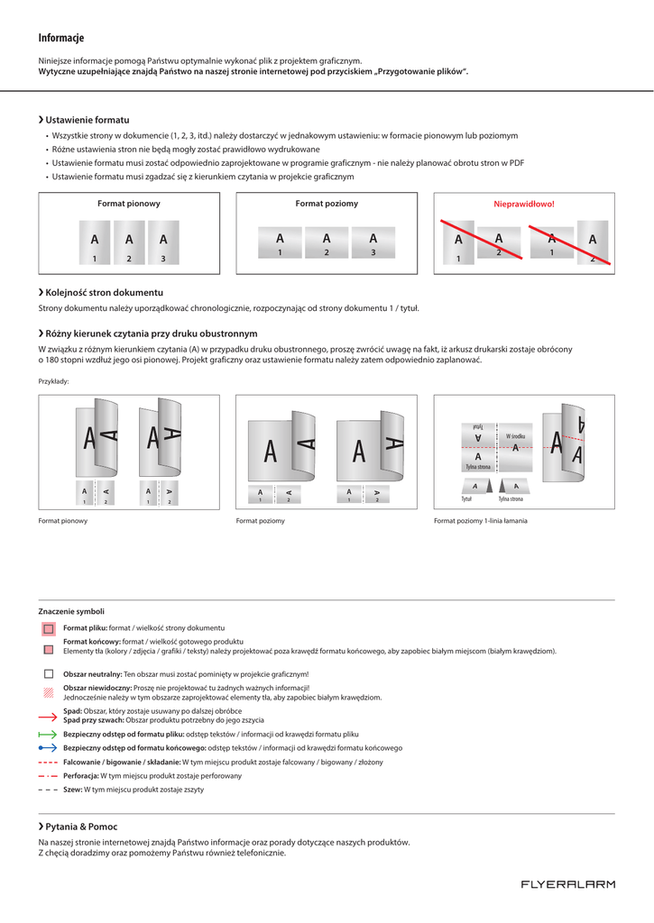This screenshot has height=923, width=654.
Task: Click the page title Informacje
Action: click(61, 38)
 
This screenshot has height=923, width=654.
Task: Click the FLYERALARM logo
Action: click(567, 884)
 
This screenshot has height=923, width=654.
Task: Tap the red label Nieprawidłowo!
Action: click(523, 204)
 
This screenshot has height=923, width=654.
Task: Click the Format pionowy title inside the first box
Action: click(129, 204)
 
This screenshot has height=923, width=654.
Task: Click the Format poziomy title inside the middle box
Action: click(327, 204)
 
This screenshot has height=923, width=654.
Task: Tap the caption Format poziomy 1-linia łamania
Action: click(481, 521)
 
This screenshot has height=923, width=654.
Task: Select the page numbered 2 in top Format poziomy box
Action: click(327, 242)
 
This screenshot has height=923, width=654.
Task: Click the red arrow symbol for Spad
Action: click(48, 716)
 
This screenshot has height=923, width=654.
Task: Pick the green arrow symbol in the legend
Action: click(48, 735)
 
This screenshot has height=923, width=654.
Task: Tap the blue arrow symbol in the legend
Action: click(48, 748)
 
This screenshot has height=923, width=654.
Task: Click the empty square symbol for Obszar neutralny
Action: click(48, 674)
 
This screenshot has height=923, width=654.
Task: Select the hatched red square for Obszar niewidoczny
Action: click(48, 692)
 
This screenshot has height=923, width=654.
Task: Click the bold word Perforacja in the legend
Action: click(80, 776)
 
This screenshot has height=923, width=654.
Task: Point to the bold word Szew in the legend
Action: click(72, 790)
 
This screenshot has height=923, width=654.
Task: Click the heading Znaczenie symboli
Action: click(71, 611)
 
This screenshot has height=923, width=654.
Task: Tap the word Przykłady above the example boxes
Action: click(53, 381)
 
